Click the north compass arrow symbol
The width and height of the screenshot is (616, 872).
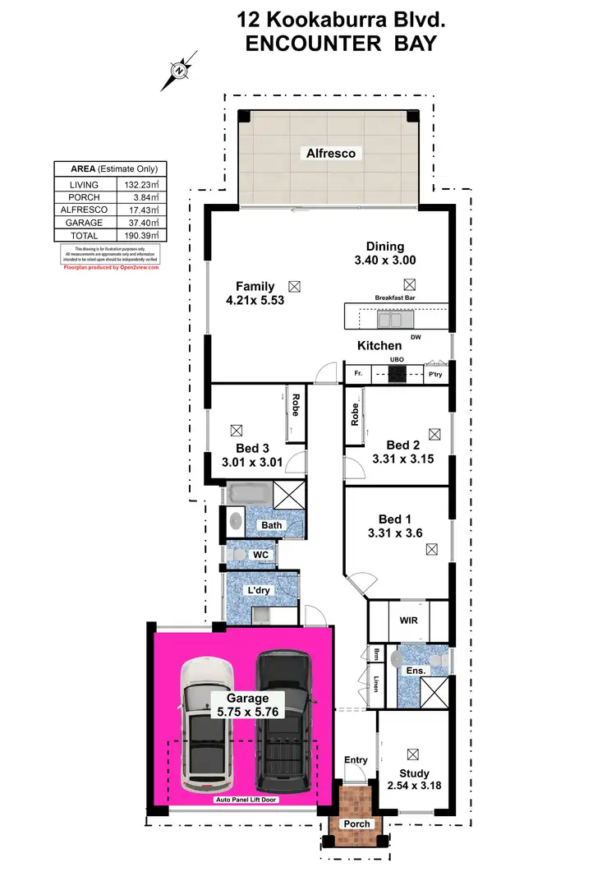coord(179,71)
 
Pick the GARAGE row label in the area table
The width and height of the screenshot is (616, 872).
coord(85,223)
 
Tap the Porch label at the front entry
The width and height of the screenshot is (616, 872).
coord(357,824)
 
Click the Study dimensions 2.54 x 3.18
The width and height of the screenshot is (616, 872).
coord(414,787)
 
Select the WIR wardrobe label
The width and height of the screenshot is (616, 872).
coord(408,621)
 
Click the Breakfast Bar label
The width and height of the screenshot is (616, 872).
coord(396,298)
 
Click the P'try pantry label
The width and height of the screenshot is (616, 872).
coord(435,375)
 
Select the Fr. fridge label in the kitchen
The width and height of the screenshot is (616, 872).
coord(357,375)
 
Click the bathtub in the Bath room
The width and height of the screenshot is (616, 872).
coord(247,496)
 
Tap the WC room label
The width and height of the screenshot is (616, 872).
coord(260,555)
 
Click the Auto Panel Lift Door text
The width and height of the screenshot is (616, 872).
coord(243,800)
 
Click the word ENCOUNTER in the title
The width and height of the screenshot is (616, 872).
coord(309,44)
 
